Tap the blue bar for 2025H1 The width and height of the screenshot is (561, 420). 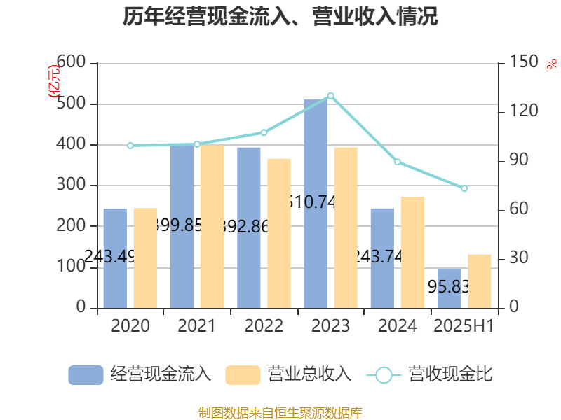point(450,288)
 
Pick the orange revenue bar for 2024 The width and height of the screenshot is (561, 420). point(412,252)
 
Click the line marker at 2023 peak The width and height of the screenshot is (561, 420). point(330,95)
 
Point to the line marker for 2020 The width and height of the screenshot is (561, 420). point(130,146)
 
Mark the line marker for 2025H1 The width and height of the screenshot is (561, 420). point(464,188)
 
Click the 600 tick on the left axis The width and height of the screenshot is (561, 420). point(72,63)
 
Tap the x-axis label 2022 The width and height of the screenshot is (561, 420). point(264,325)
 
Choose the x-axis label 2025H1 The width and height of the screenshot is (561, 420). point(464,325)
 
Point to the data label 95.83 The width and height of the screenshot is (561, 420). point(448,286)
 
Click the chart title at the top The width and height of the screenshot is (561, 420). point(280,17)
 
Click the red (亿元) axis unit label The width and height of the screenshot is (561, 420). point(53,83)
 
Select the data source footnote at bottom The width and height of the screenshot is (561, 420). point(280,413)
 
